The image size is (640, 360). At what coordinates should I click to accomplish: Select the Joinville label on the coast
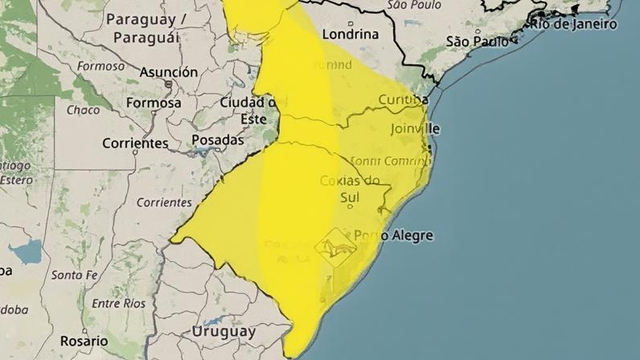[416, 129]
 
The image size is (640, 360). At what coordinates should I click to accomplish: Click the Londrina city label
[350, 35]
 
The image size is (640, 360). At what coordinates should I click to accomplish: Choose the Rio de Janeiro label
[572, 24]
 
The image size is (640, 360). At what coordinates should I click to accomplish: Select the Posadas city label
[217, 140]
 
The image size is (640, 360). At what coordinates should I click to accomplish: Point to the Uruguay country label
[224, 331]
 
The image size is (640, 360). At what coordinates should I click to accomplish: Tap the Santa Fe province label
[73, 275]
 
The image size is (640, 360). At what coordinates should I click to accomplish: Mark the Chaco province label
[83, 110]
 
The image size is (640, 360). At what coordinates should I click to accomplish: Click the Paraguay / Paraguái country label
[146, 28]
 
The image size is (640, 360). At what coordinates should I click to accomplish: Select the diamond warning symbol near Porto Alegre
[336, 243]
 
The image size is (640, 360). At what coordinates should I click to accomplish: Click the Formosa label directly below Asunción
[153, 103]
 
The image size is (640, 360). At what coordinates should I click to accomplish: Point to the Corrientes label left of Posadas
[135, 144]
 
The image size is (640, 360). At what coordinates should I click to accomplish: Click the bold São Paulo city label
[478, 42]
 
